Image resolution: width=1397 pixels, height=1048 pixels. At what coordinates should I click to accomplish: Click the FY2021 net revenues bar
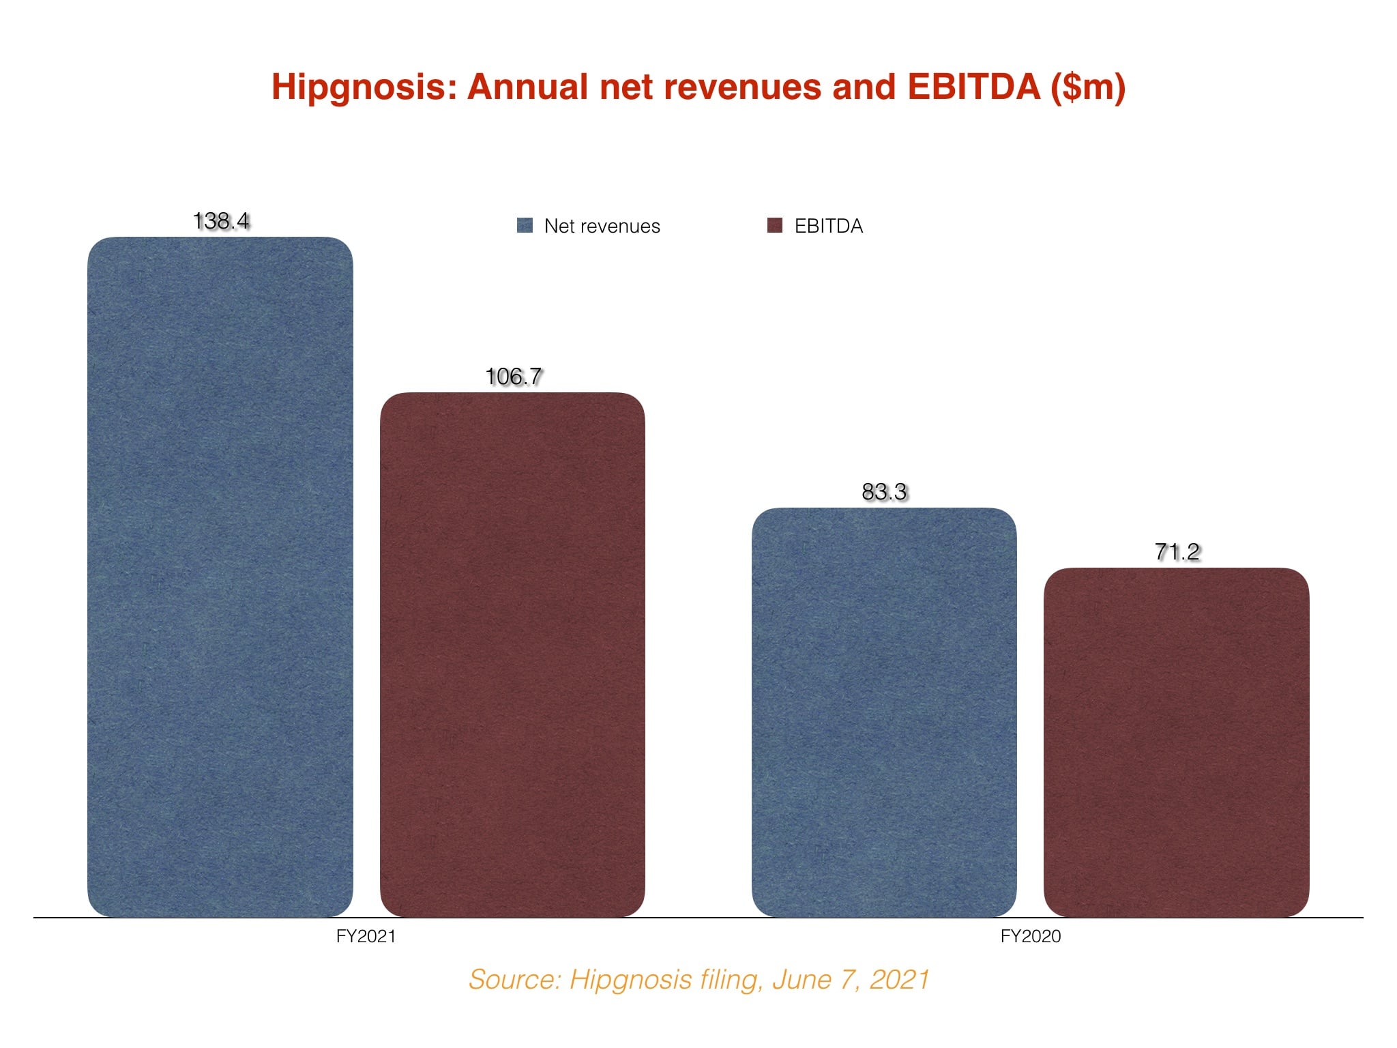220,577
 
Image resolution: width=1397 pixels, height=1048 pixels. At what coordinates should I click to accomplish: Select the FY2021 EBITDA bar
512,654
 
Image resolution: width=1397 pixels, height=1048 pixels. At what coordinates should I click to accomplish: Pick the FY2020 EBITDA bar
1176,742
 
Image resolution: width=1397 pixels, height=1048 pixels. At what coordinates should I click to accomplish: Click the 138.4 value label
221,221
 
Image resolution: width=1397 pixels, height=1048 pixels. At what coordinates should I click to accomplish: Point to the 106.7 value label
513,377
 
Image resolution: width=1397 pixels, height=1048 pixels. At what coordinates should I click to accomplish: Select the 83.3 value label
884,492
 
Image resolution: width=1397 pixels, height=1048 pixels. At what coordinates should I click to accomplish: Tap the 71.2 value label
1177,551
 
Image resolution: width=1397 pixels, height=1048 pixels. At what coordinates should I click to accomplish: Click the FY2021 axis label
366,936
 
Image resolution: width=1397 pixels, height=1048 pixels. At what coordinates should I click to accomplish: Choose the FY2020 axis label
1030,936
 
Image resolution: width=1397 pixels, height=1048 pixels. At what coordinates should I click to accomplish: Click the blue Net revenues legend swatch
525,226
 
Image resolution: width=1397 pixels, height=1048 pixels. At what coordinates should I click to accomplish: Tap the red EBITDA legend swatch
775,226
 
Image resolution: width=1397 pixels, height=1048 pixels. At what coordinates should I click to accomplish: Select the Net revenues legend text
602,226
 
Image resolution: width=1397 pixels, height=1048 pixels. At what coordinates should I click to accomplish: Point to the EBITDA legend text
828,226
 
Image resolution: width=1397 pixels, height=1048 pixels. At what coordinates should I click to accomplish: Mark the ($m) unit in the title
1088,88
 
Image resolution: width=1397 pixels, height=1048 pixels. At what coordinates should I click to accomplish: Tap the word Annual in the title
527,88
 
